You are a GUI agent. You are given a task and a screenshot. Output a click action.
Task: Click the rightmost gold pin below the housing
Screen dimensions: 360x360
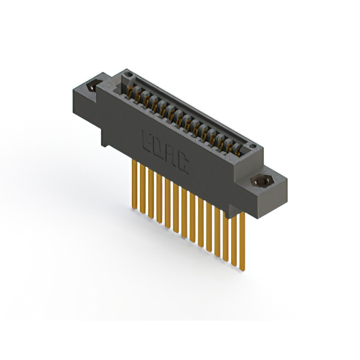(243, 242)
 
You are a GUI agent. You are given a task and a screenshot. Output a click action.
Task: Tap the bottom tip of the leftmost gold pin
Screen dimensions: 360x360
(134, 209)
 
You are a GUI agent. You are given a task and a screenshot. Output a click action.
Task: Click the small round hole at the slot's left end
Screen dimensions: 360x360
(129, 74)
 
